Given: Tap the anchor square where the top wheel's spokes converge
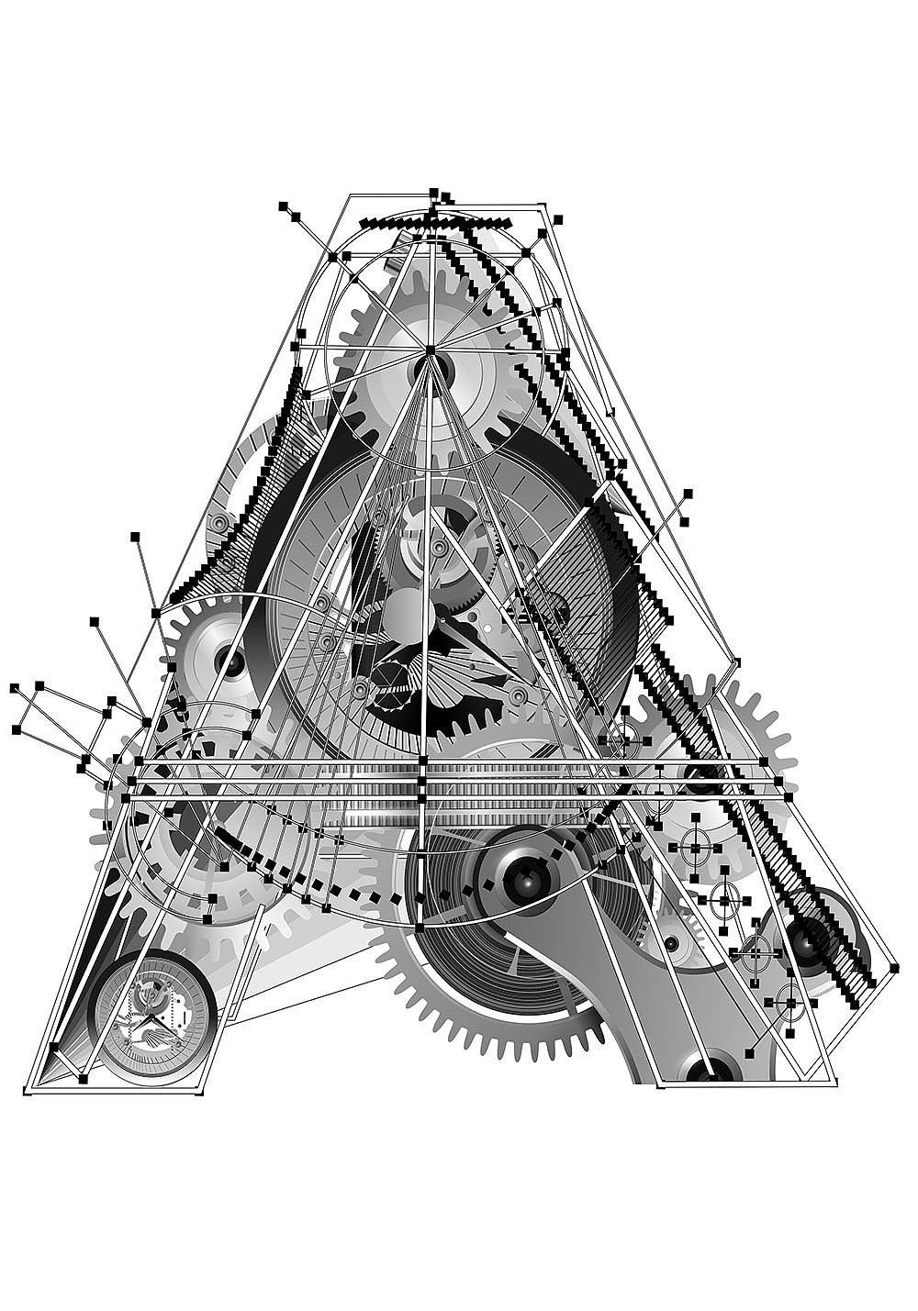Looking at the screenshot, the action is coord(431,350).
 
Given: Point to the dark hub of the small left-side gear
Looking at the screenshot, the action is coord(230,662).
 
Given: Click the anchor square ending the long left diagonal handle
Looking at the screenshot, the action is coord(135,536).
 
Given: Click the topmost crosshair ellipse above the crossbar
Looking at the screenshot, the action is coord(623,740).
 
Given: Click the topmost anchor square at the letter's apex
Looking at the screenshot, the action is coord(434,192).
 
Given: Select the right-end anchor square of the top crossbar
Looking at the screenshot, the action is coord(764,761).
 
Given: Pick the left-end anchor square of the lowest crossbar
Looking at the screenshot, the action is coord(125,798).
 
